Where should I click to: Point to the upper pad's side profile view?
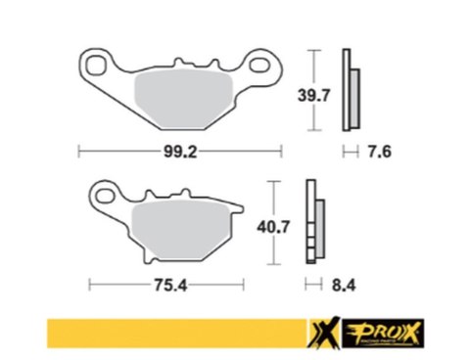pyautogui.click(x=350, y=89)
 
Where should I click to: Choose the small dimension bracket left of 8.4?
pyautogui.click(x=312, y=286)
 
